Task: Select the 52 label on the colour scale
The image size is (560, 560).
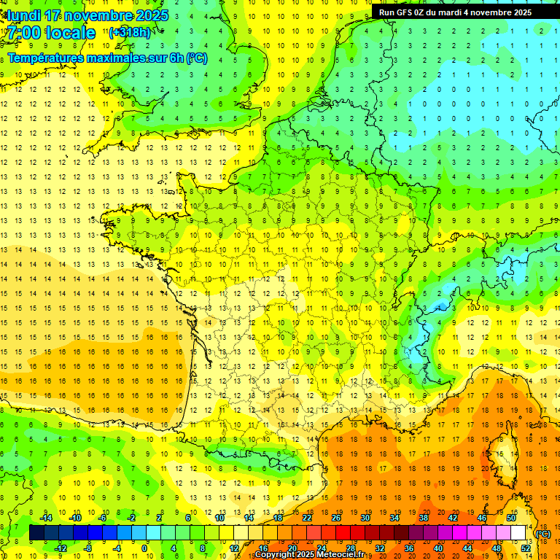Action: (525, 548)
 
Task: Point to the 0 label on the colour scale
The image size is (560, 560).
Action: (144, 548)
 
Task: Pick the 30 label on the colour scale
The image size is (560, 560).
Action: (365, 518)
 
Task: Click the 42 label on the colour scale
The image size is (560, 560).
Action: (452, 518)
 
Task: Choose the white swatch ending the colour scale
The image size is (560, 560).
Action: (518, 533)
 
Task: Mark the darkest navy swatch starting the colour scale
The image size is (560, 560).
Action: (36, 533)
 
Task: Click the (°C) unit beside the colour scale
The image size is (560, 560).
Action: (542, 534)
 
